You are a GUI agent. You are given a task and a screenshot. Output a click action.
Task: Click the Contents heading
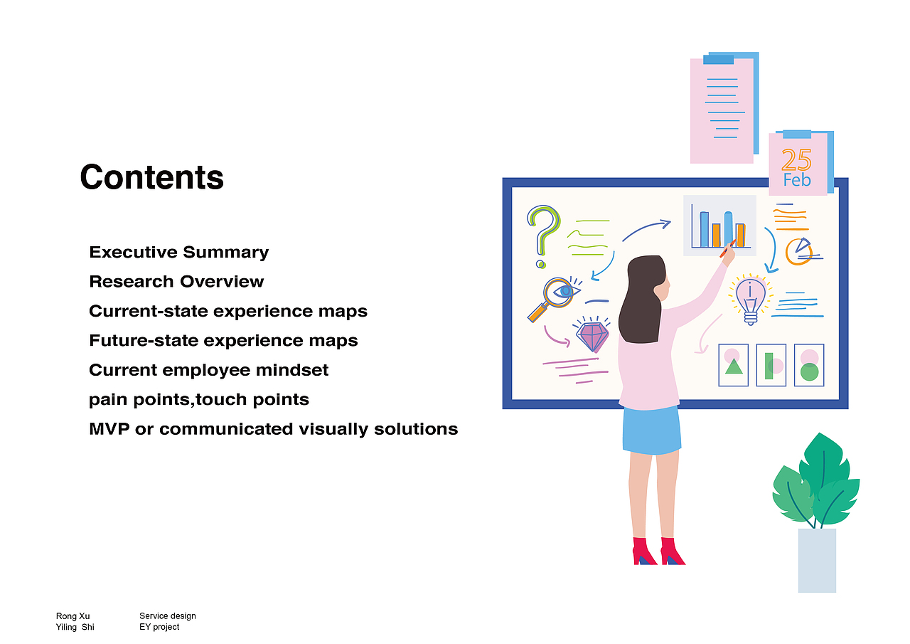(x=152, y=177)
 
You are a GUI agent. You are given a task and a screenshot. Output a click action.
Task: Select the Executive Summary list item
(x=178, y=253)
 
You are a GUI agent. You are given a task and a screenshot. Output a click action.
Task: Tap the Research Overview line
(x=176, y=281)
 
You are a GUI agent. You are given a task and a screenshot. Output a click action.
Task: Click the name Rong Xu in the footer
(x=73, y=616)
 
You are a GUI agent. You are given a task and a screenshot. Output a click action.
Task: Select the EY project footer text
(x=159, y=627)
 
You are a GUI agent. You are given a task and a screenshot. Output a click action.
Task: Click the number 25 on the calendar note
(x=796, y=159)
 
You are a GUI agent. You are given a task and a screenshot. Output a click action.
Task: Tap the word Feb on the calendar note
(x=797, y=180)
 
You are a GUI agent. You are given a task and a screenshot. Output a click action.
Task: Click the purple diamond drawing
(x=592, y=336)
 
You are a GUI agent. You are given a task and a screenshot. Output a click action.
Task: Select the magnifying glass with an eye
(x=555, y=299)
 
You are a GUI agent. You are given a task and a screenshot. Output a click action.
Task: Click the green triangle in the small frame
(x=734, y=366)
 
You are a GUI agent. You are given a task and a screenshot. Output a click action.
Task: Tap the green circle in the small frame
(x=809, y=372)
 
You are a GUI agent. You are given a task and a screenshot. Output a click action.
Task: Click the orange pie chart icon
(x=798, y=252)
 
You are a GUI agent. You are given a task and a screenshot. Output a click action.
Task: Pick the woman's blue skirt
(x=652, y=430)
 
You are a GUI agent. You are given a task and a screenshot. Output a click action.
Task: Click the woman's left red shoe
(x=644, y=551)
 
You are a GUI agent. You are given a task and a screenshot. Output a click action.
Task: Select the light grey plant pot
(x=817, y=560)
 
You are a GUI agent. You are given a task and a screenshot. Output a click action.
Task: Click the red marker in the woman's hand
(x=727, y=248)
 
